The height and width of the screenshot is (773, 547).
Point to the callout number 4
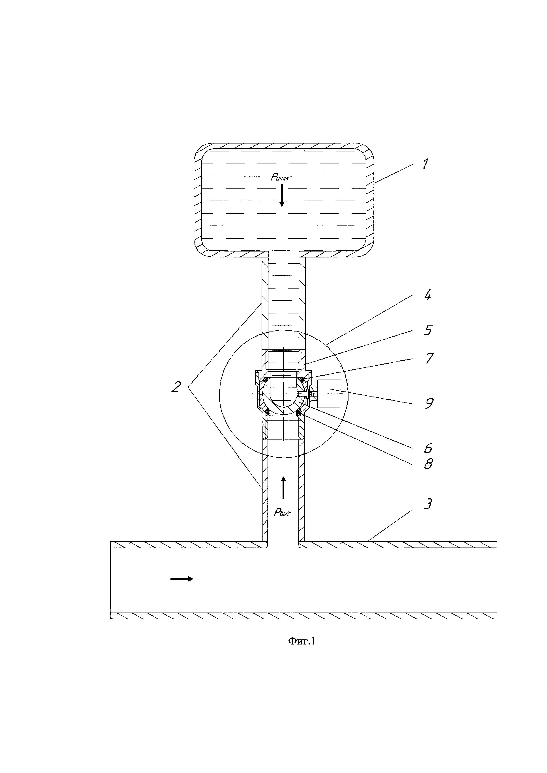[427, 295]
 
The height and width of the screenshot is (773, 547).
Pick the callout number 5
[427, 330]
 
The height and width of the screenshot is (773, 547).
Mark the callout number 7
[429, 358]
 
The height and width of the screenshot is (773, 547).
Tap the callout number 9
[428, 403]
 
